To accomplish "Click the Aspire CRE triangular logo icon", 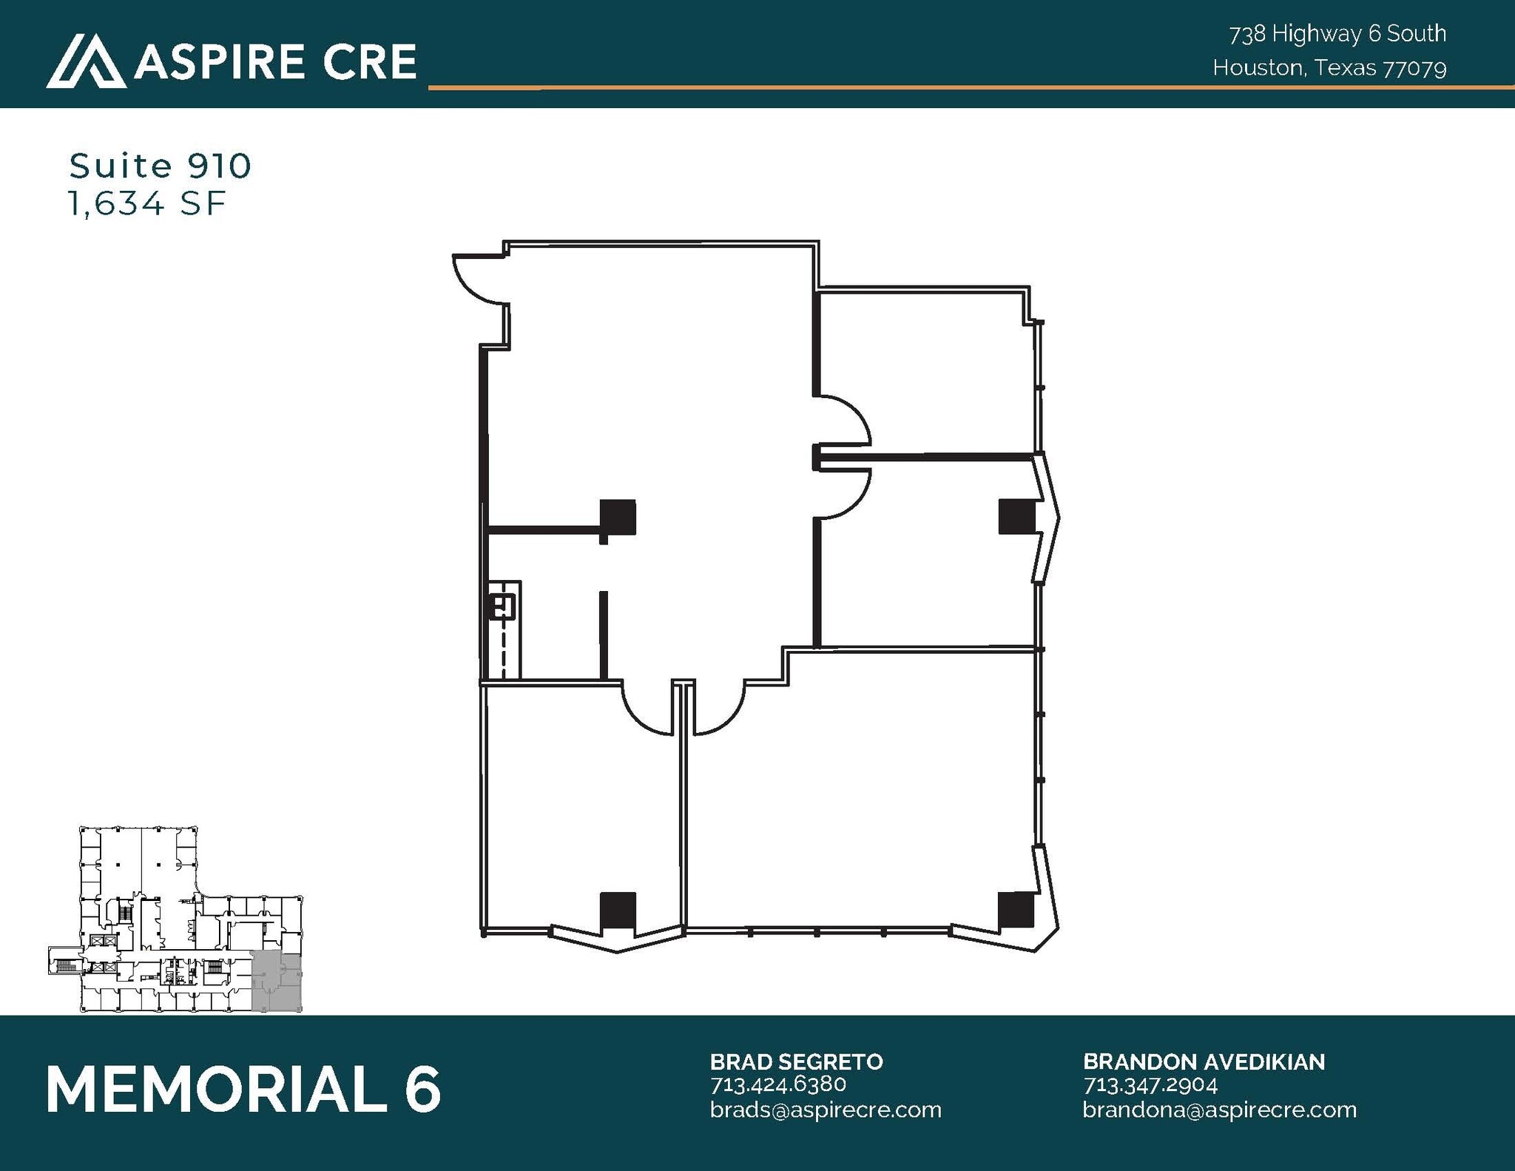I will tap(86, 61).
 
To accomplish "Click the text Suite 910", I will tap(161, 166).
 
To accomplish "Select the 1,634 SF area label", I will tap(146, 203).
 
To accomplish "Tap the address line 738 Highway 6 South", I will tap(1337, 34).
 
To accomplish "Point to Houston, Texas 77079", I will tap(1329, 68).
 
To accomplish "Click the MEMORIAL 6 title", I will tap(243, 1089).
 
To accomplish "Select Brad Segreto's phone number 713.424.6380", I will tap(777, 1084).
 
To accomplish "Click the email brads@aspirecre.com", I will tap(826, 1110).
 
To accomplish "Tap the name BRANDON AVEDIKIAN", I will tap(1204, 1062).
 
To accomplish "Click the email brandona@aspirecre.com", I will tap(1219, 1110).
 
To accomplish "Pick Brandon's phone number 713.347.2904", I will tap(1150, 1084).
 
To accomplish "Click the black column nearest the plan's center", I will tap(617, 517).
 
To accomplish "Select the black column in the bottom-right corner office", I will tap(1016, 910).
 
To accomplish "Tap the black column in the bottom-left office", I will tap(617, 910).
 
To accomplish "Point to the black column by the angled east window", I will tap(1016, 516).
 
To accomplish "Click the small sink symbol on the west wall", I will tap(502, 607).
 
